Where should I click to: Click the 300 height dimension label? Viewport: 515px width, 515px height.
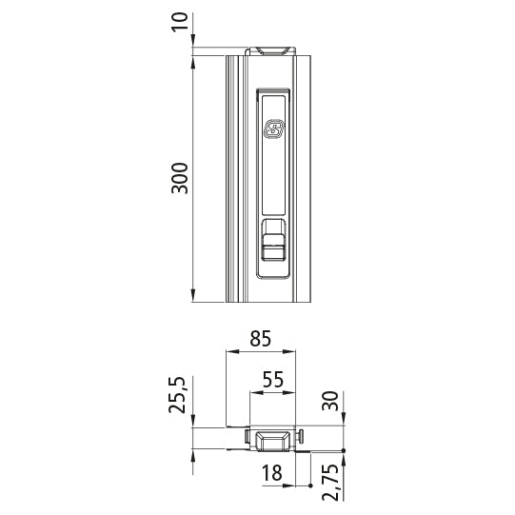(x=180, y=179)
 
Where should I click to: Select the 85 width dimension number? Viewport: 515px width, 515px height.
(x=262, y=337)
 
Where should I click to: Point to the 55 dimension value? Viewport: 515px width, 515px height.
(x=273, y=378)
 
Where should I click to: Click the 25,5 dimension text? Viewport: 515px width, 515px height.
(x=180, y=394)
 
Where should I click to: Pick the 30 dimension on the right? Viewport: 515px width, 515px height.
(x=330, y=401)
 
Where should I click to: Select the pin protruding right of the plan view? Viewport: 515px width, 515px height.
(x=302, y=437)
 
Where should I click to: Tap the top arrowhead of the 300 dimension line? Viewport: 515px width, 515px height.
(x=193, y=63)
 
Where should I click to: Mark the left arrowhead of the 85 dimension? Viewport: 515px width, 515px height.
(x=229, y=350)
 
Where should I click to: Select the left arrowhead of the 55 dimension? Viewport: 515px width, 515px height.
(x=252, y=391)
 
